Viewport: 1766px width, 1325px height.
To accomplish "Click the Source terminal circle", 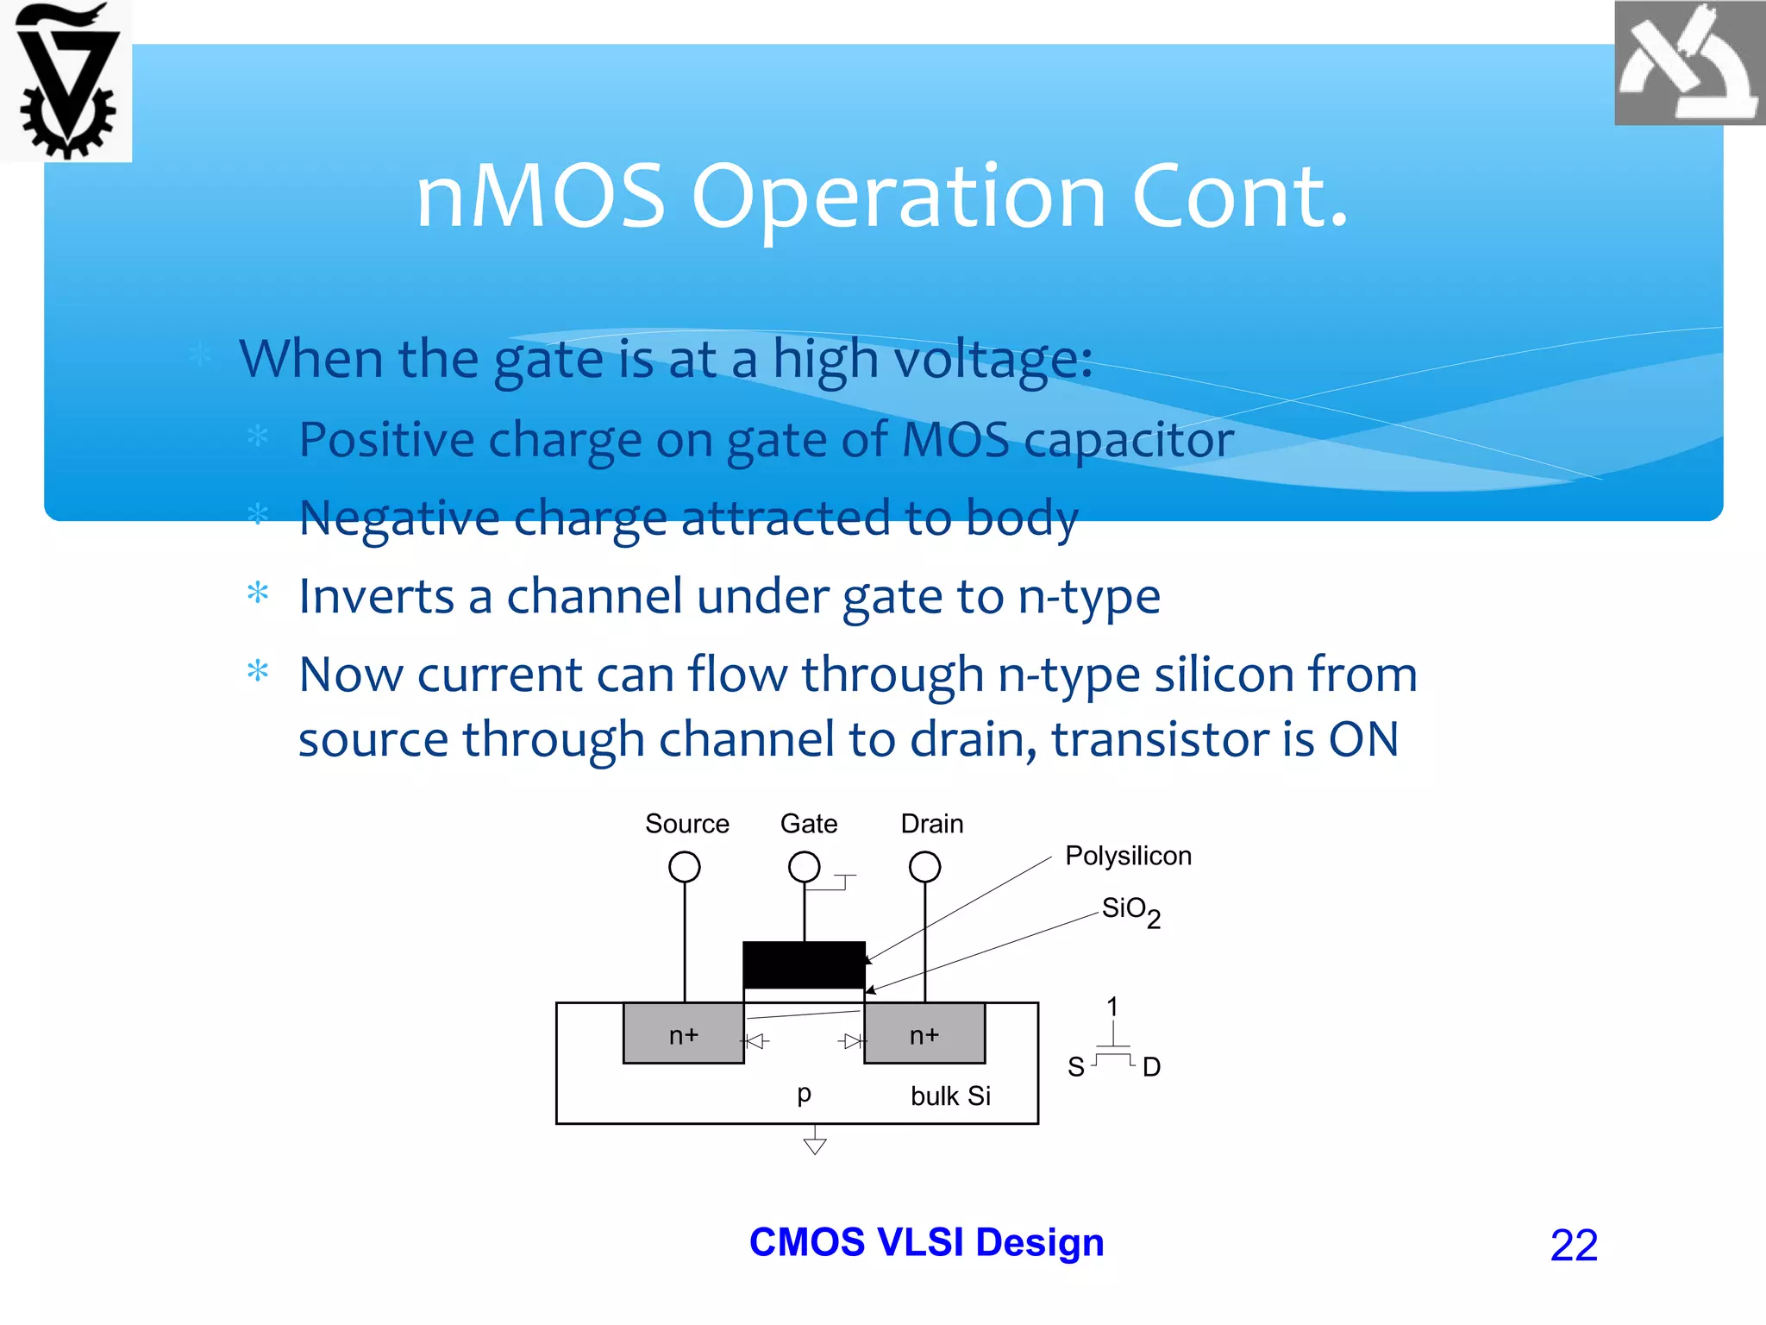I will click(685, 866).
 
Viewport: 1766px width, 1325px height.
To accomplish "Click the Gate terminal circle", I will click(804, 866).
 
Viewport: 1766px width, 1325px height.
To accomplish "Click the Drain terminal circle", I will click(924, 866).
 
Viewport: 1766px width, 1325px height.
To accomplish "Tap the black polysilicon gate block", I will click(804, 964).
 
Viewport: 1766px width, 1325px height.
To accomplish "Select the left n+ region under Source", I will click(684, 1033).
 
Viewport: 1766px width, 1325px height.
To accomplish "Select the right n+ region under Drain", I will click(924, 1033).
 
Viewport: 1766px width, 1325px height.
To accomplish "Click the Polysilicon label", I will click(1128, 856).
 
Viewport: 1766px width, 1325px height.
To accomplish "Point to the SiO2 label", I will click(1130, 911).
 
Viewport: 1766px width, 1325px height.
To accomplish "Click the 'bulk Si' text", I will click(950, 1096).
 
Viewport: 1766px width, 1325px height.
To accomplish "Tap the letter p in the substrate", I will click(804, 1094).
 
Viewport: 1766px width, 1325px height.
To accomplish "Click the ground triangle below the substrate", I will click(815, 1146).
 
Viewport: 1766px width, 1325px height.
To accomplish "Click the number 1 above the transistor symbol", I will click(1112, 1006).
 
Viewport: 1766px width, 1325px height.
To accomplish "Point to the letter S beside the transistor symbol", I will click(1075, 1067).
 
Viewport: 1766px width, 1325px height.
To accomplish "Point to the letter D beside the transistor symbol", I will click(1151, 1067).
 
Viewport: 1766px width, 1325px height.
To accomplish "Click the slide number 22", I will click(1574, 1245).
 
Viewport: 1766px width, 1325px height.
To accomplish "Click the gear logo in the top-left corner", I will click(66, 81).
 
